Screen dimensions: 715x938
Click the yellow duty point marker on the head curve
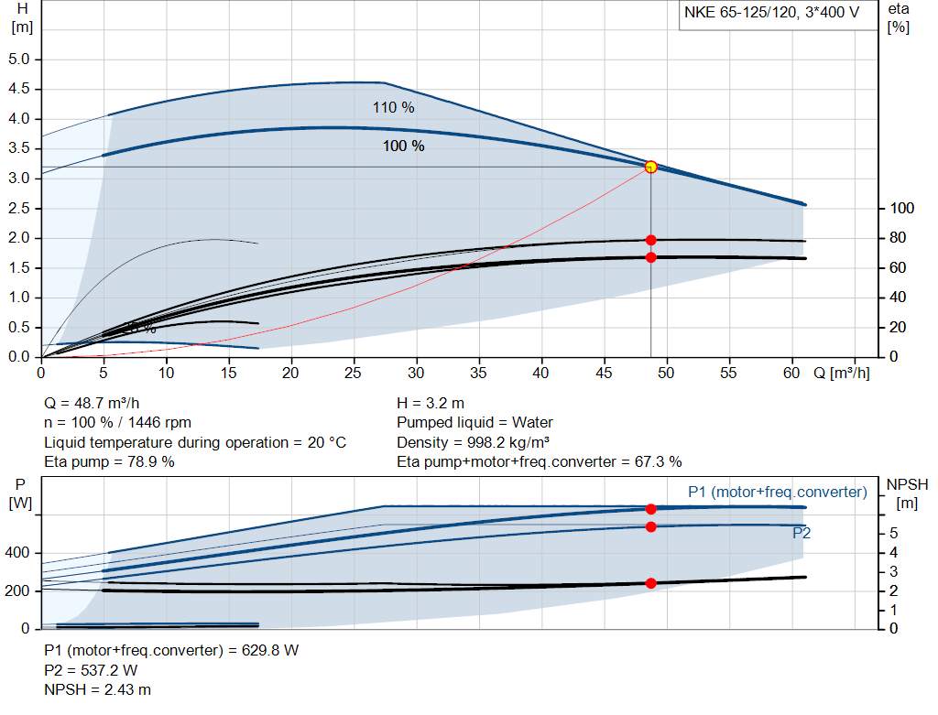click(x=650, y=167)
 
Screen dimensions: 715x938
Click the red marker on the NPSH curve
click(x=650, y=583)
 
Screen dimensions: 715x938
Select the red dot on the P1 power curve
click(x=650, y=509)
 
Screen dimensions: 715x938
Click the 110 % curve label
click(x=393, y=108)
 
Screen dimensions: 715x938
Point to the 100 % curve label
click(x=403, y=146)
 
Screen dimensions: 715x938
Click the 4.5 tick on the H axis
click(x=19, y=90)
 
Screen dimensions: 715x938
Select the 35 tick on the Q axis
click(x=479, y=374)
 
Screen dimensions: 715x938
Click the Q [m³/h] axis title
click(x=842, y=374)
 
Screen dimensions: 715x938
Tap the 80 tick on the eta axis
click(x=898, y=238)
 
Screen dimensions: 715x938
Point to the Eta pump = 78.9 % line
click(x=109, y=461)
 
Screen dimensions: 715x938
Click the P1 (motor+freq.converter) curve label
click(x=777, y=493)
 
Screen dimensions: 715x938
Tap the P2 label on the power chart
click(x=802, y=533)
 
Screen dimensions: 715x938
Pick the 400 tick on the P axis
click(x=19, y=553)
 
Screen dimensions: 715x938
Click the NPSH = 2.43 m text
click(x=98, y=688)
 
